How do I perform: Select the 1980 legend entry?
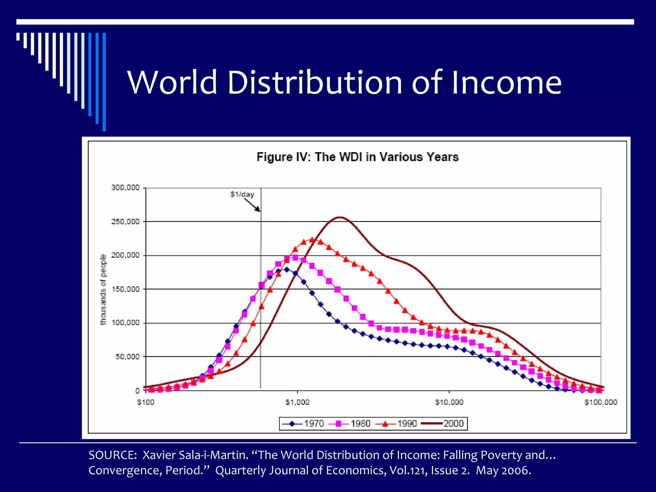click(350, 423)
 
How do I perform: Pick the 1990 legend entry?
click(397, 423)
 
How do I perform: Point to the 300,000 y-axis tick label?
click(125, 187)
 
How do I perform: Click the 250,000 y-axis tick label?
click(125, 222)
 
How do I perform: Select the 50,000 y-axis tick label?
click(127, 357)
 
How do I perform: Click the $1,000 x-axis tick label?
click(297, 402)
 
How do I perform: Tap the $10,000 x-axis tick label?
click(449, 402)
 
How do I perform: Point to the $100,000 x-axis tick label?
click(601, 402)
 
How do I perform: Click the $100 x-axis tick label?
click(146, 402)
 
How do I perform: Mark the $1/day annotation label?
click(242, 194)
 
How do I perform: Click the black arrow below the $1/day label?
click(252, 205)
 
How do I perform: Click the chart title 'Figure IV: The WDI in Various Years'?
click(357, 157)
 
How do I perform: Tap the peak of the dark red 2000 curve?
click(340, 217)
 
